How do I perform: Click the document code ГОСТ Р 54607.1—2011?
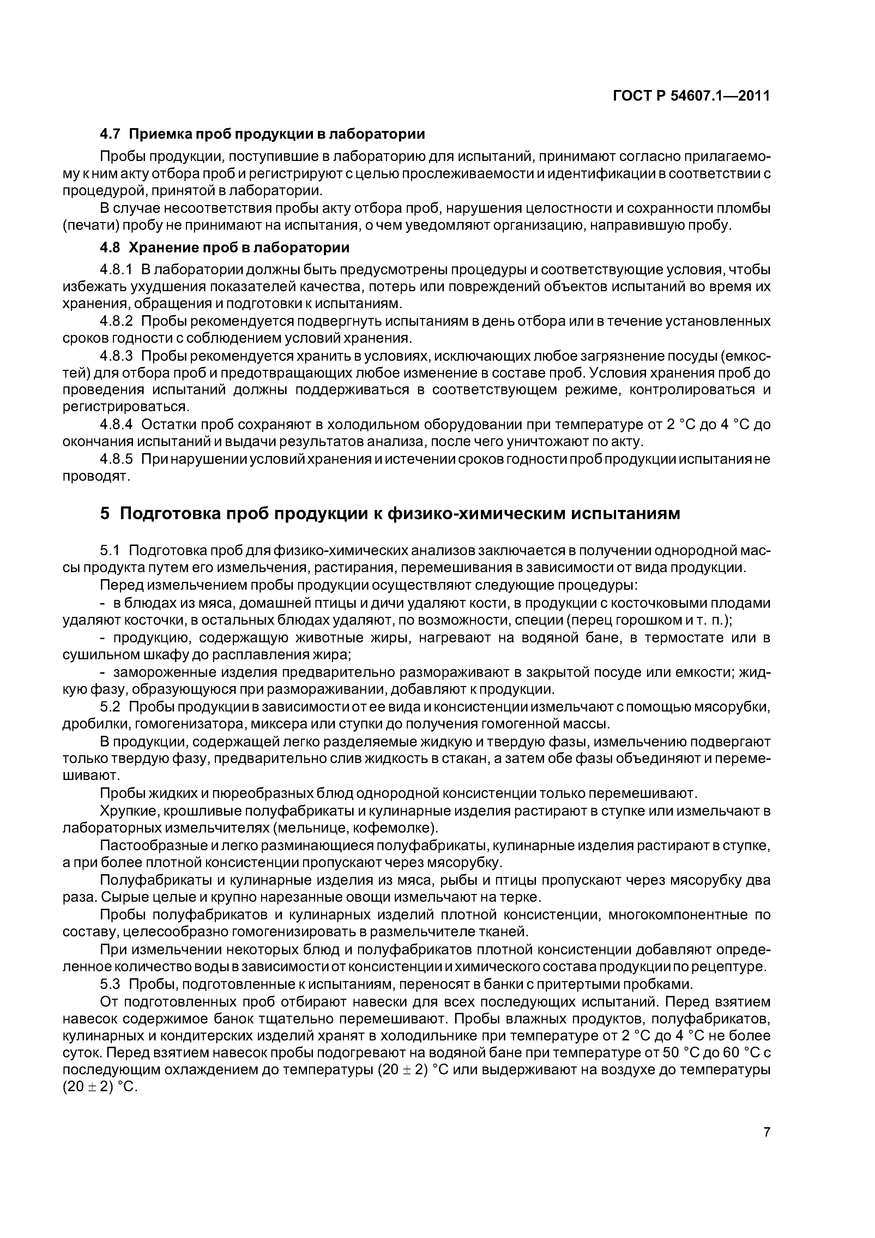point(691,96)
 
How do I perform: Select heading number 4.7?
point(111,134)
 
